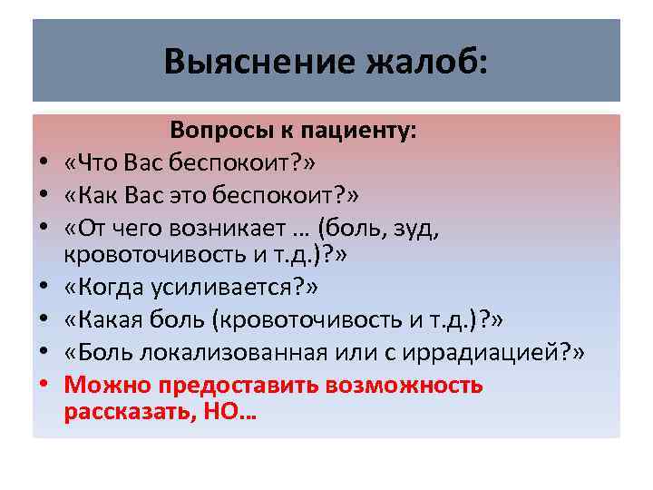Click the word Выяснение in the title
(245, 62)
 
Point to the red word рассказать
(121, 413)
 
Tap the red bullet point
(43, 385)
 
